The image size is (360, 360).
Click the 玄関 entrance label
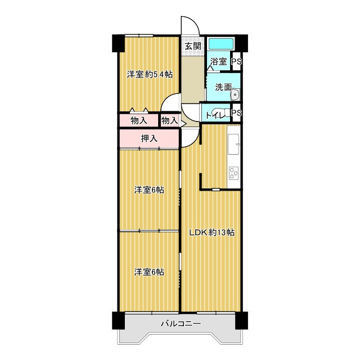pos(193,46)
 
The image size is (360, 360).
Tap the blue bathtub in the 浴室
pos(221,44)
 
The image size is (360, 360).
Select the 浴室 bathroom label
pos(219,61)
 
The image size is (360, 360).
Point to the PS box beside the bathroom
pos(236,61)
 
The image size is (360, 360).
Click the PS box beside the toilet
pos(236,112)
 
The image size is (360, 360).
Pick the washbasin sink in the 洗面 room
pos(235,94)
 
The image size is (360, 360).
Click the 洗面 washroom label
pos(223,87)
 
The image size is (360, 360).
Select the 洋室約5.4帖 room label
pos(150,74)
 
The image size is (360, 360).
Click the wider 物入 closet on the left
pos(139,120)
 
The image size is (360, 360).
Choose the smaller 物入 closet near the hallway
pos(170,120)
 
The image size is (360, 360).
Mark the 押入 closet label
pos(149,138)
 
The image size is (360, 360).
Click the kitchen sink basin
pos(234,144)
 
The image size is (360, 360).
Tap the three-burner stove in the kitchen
pos(234,173)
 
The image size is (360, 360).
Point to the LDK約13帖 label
pos(212,232)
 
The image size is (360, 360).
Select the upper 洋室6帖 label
pos(149,190)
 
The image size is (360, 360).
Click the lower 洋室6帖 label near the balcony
pos(149,272)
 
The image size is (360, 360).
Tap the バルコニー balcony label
pos(181,324)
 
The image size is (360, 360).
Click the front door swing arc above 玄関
pos(194,22)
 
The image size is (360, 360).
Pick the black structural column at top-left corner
pos(118,43)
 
